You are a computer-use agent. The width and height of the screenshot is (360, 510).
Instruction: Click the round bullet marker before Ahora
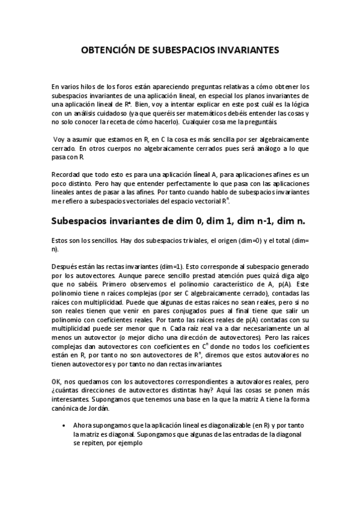[x=64, y=425]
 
